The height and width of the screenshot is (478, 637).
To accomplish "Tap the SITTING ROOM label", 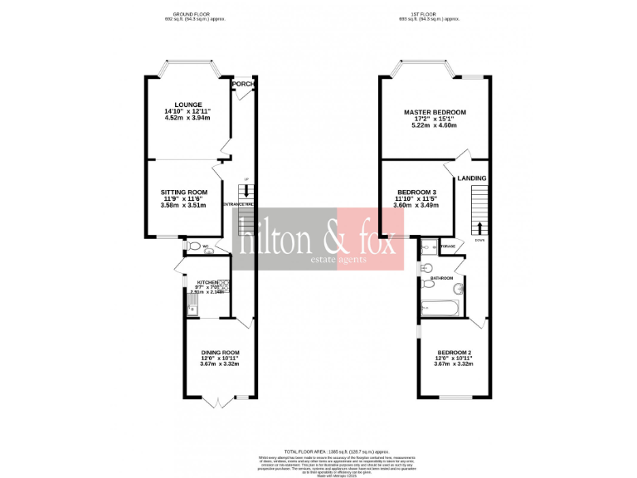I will pyautogui.click(x=184, y=192).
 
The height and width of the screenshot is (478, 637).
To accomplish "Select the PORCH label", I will pyautogui.click(x=242, y=84).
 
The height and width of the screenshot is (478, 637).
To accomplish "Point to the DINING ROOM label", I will pyautogui.click(x=220, y=352).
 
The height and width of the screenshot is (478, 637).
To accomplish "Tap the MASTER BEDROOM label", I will pyautogui.click(x=435, y=112).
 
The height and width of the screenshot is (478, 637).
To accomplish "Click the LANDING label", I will pyautogui.click(x=472, y=178).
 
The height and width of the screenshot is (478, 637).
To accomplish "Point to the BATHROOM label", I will pyautogui.click(x=441, y=278).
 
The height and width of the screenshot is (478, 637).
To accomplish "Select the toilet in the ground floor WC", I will pyautogui.click(x=193, y=246).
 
